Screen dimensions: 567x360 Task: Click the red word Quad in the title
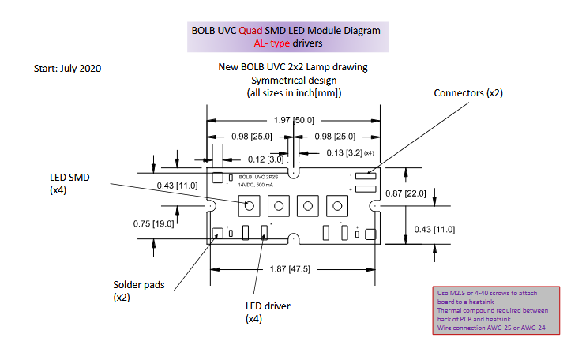(x=250, y=31)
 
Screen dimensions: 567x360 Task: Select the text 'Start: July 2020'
(x=67, y=69)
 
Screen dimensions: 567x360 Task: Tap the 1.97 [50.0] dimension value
(x=294, y=120)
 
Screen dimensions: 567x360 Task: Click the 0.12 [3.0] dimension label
(x=265, y=159)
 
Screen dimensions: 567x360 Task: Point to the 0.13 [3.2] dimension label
(x=344, y=153)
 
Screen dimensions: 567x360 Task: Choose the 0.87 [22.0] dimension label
(x=406, y=193)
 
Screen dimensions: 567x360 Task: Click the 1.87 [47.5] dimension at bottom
(x=290, y=269)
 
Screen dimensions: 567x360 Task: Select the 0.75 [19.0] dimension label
(x=153, y=223)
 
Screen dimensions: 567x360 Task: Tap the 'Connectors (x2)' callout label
(x=468, y=93)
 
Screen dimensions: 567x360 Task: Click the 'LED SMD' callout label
(x=69, y=178)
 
